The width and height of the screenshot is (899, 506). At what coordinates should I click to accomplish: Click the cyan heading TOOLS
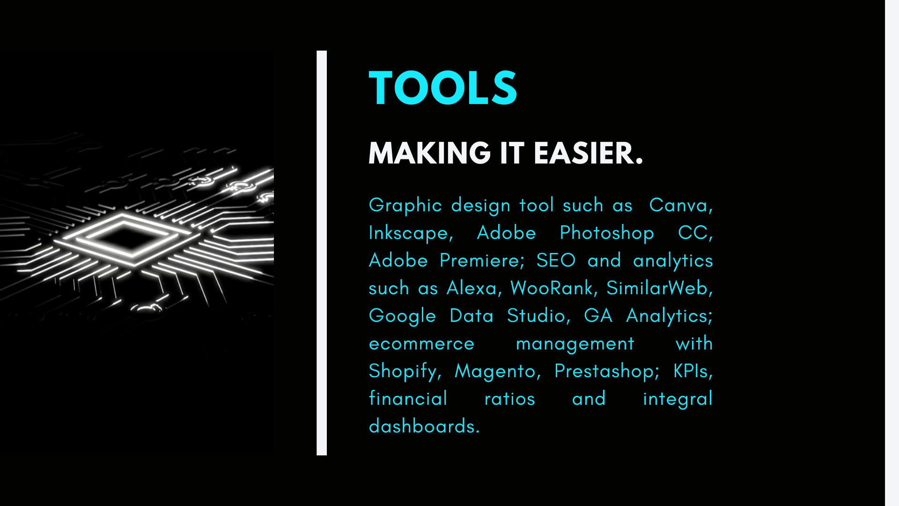coord(443,88)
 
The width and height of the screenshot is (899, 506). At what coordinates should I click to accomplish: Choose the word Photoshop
coord(607,233)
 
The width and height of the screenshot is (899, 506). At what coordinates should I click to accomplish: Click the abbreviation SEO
coord(556,260)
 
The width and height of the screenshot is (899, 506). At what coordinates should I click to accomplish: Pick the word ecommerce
coord(422,344)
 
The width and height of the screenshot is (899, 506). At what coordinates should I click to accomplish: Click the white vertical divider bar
coord(322,253)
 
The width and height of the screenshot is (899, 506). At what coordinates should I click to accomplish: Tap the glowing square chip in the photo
coord(123,238)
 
